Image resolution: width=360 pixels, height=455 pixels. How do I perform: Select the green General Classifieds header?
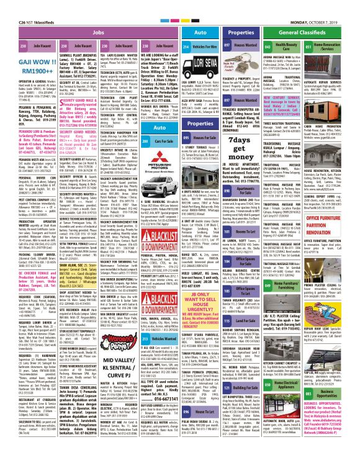click(x=297, y=29)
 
